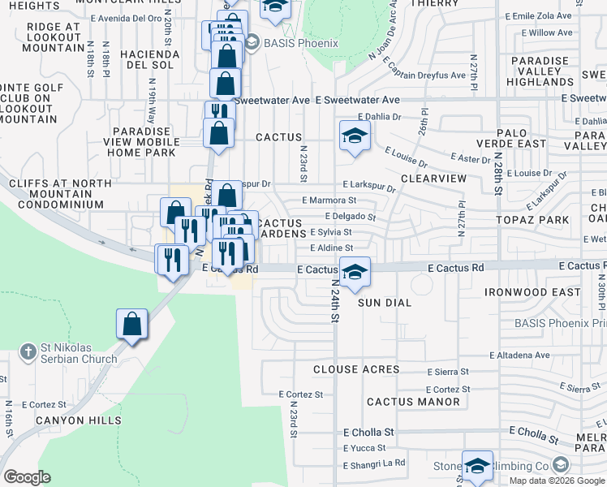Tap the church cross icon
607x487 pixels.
(28, 351)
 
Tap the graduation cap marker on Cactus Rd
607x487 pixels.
(354, 272)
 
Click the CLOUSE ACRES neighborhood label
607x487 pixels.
(356, 369)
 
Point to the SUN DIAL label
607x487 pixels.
(385, 302)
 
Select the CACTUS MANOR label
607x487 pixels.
(413, 402)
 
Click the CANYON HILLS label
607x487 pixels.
(84, 420)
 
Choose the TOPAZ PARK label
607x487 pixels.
(532, 220)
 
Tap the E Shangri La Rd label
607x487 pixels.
(373, 463)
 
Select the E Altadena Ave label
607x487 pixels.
(520, 356)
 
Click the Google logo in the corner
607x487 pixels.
(27, 476)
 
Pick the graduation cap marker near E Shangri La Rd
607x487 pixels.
(477, 465)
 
